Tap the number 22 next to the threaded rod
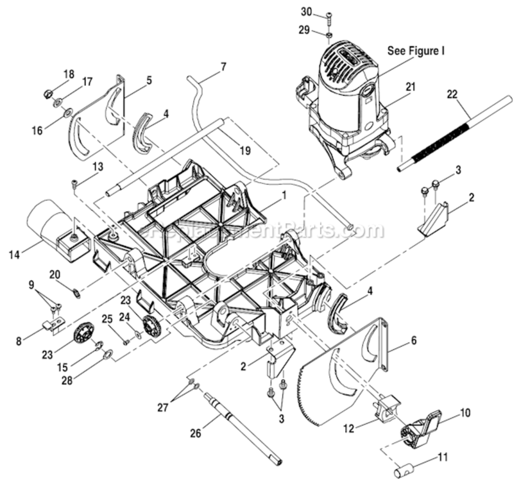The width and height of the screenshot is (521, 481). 452,94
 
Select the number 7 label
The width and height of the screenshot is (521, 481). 223,66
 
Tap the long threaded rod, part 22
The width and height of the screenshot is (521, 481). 456,134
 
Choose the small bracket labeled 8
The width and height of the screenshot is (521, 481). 54,325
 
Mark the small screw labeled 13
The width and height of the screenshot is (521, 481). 75,184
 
